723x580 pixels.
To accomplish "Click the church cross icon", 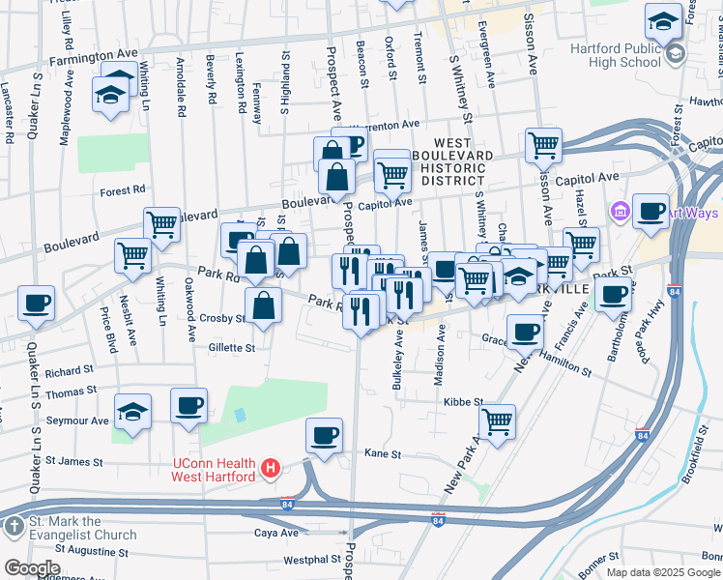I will pos(14,528).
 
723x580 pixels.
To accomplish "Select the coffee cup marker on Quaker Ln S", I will pos(37,304).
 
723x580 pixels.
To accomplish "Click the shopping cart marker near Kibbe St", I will pos(497,420).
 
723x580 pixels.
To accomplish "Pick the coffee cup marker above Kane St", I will pos(325,434).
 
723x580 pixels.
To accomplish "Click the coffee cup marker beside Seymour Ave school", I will pos(189,405).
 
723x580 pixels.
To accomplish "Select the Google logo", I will pos(32,568).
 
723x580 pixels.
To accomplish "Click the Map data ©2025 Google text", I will pos(663,572).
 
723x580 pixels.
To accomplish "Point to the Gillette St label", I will pos(230,348).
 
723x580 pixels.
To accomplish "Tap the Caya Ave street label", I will pos(275,533).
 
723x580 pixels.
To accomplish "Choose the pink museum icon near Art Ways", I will pos(620,210).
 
